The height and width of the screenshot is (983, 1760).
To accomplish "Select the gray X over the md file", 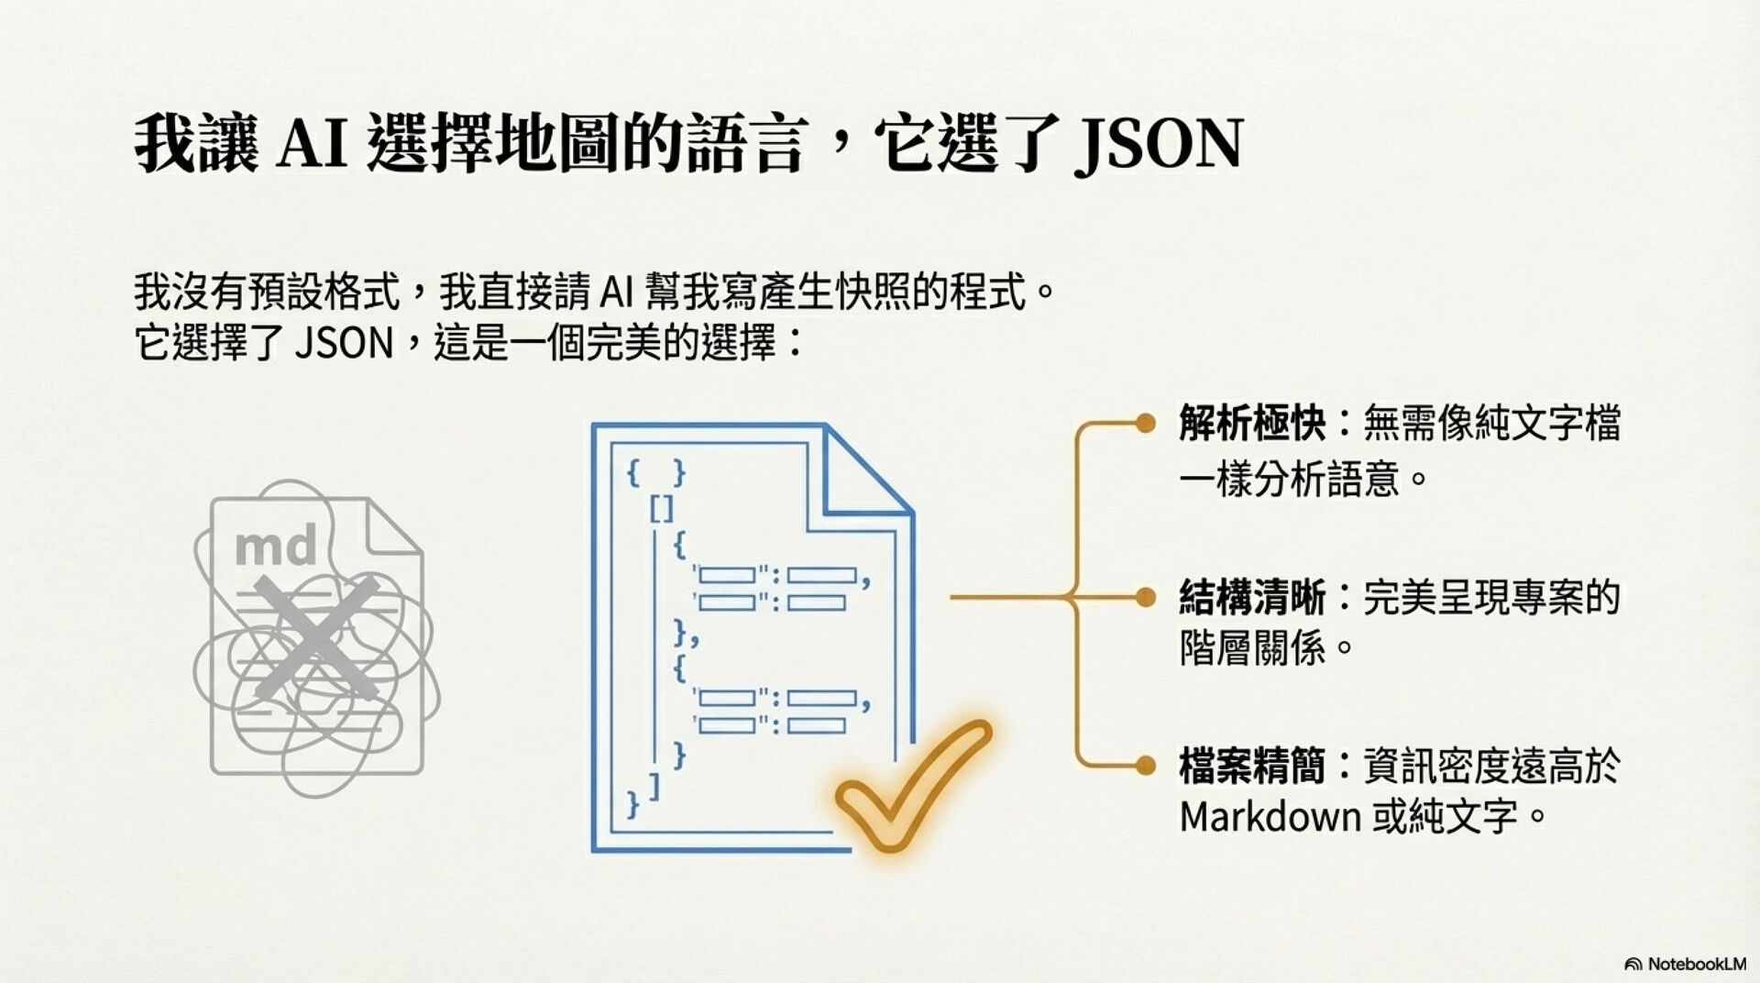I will tap(314, 632).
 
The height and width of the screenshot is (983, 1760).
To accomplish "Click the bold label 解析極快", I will tap(1252, 424).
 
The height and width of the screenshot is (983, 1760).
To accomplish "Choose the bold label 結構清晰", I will tap(1252, 598).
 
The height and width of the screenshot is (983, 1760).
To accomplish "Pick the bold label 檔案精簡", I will tap(1252, 767).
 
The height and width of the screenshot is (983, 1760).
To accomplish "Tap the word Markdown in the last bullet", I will tap(1269, 816).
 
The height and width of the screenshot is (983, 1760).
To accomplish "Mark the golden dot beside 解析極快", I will tap(1145, 423).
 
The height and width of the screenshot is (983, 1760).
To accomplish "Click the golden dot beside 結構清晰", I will tap(1145, 598).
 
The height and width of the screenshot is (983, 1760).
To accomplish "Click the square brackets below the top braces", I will tap(662, 508).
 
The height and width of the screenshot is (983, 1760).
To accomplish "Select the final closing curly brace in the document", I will tap(632, 804).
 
